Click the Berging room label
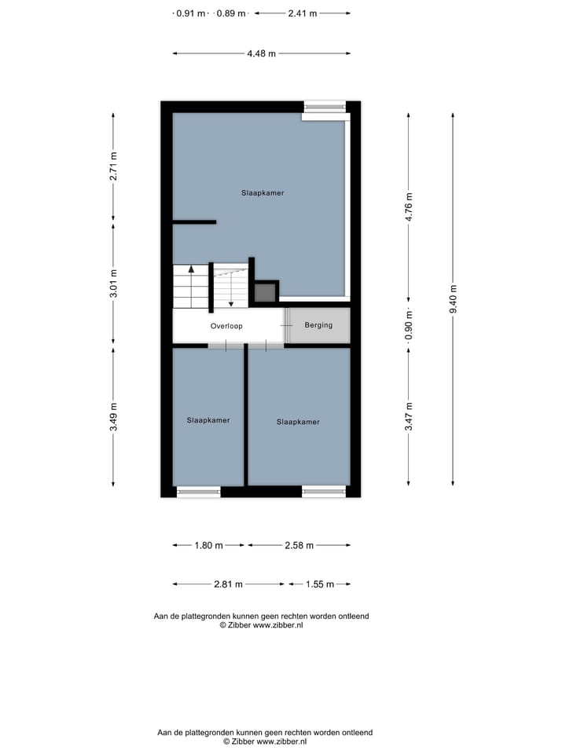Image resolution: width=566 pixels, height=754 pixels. (x=318, y=325)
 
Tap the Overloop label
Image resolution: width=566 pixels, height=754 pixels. (x=226, y=325)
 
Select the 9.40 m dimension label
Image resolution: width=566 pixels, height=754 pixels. (x=454, y=298)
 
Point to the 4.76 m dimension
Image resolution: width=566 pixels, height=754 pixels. (x=409, y=207)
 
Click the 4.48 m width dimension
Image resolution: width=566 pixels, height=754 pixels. (x=262, y=54)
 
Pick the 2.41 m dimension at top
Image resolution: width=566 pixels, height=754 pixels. (x=303, y=13)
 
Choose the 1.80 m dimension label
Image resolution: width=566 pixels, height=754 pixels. (x=209, y=545)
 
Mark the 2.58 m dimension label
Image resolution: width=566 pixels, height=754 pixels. (x=299, y=545)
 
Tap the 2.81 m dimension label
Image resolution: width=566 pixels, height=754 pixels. (x=228, y=584)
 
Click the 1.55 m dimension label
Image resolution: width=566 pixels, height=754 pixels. (x=319, y=584)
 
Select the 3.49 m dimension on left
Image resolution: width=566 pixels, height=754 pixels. (x=113, y=416)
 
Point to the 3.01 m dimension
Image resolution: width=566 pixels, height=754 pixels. (x=113, y=284)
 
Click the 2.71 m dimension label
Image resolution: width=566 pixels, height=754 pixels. (x=113, y=166)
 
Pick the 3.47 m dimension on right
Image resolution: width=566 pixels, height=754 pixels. (x=409, y=416)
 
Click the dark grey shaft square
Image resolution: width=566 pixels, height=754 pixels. (x=265, y=293)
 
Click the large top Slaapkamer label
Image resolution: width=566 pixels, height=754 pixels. (x=263, y=192)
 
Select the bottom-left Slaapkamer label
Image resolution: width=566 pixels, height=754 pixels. (x=208, y=420)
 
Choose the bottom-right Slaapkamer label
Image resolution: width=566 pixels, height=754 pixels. (x=298, y=422)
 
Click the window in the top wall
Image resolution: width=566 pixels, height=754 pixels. (x=325, y=107)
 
